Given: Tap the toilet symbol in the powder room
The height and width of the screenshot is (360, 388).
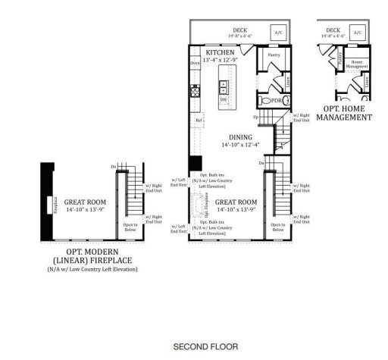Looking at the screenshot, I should coord(264,101).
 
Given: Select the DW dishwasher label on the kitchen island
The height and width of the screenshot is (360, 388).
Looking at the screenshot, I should coord(224,99).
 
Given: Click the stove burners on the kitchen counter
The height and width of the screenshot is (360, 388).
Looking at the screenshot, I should coord(195,93).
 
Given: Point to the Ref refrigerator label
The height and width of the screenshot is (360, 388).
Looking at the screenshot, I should coord(199,120).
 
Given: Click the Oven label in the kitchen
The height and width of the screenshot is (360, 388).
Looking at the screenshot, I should coord(196,64).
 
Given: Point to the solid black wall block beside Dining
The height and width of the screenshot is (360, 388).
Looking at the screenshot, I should coord(195,163).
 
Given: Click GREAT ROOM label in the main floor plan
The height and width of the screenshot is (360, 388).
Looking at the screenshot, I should coord(237,202).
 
